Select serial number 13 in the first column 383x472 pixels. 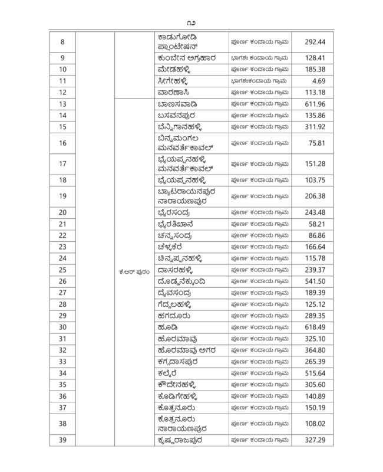[63, 104]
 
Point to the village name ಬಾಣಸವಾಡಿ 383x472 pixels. [177, 104]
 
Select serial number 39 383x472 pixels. [63, 440]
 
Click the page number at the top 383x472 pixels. [191, 22]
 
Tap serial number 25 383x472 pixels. [63, 270]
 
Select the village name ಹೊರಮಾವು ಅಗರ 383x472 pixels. [186, 350]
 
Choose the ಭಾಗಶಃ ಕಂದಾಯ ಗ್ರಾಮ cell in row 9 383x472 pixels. [259, 58]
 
